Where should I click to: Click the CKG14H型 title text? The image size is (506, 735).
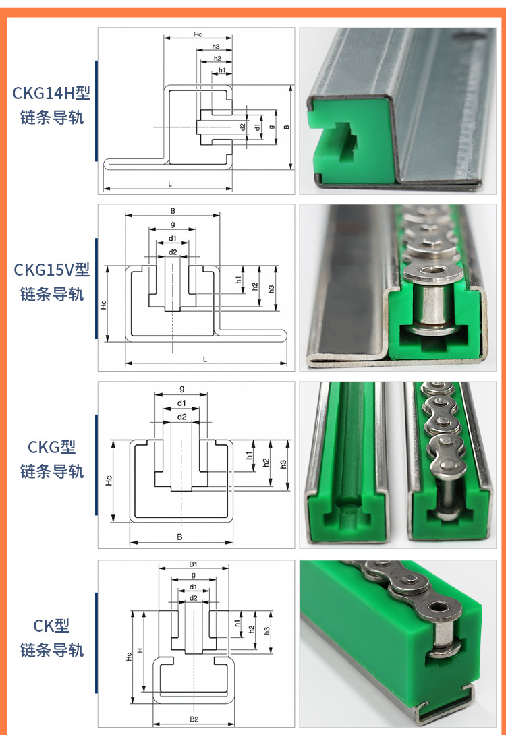[51, 93]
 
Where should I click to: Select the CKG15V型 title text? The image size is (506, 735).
[51, 270]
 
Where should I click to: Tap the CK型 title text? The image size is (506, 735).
[51, 626]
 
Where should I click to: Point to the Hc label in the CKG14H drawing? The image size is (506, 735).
[198, 34]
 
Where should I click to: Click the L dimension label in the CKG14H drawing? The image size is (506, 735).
[170, 183]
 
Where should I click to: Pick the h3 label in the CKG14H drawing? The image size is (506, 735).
[216, 47]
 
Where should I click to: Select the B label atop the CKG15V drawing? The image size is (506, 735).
[173, 211]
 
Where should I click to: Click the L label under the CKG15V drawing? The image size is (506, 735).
[205, 359]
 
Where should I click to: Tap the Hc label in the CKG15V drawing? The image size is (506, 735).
[103, 305]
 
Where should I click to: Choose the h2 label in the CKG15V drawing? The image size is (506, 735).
[254, 286]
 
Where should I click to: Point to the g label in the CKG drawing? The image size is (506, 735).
[181, 389]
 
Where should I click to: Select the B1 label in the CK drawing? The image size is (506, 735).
[193, 564]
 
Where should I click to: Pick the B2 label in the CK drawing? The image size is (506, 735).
[194, 719]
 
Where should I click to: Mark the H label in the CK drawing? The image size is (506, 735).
[140, 650]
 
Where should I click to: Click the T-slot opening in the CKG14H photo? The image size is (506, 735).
[341, 142]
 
